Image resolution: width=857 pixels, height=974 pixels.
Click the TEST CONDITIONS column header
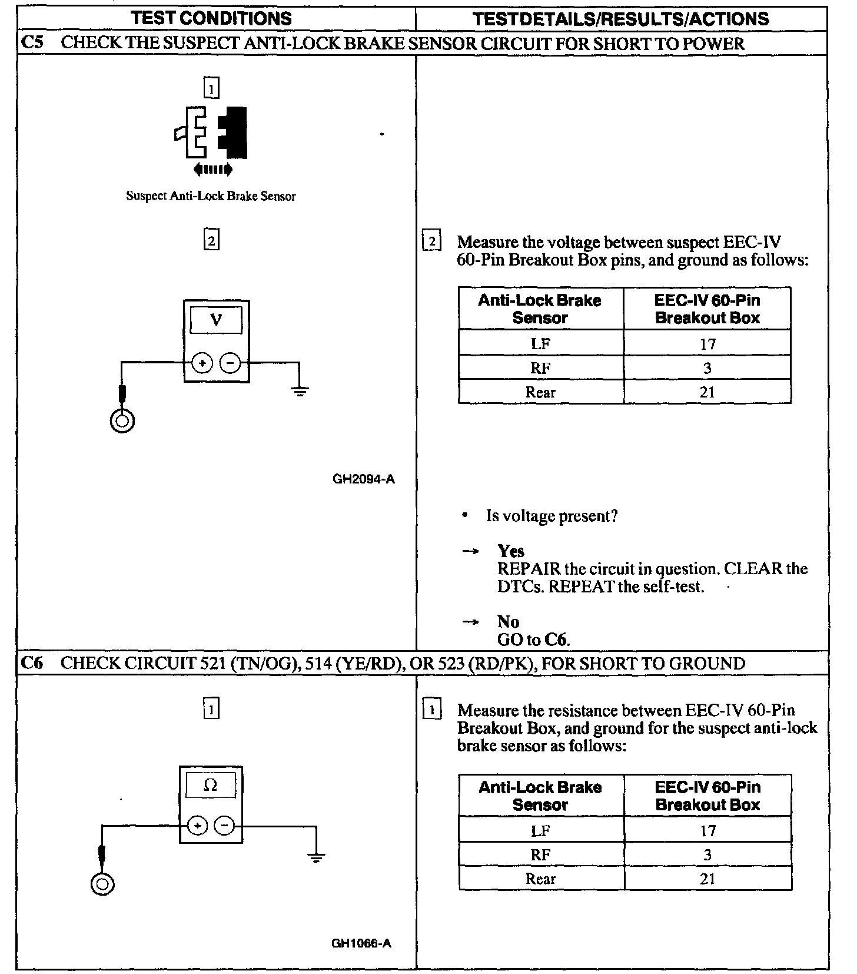click(212, 18)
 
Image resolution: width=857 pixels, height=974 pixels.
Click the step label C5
click(31, 43)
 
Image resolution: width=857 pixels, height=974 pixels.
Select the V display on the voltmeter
click(216, 320)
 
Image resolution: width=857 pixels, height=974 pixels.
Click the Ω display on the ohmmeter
click(210, 785)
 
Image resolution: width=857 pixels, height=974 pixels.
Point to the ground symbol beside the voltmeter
click(300, 390)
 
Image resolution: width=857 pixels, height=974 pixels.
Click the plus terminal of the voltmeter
click(202, 363)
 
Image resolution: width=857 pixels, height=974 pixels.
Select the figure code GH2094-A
click(364, 479)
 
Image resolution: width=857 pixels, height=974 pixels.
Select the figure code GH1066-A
click(361, 944)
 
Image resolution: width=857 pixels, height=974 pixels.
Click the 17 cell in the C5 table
click(707, 343)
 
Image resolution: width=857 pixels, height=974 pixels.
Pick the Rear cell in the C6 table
click(540, 879)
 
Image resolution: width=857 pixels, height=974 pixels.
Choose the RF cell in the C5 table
click(540, 368)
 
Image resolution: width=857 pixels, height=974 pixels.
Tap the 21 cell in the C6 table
click(707, 879)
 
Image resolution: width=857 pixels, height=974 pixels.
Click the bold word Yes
click(511, 551)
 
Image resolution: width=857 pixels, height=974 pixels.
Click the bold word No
click(508, 622)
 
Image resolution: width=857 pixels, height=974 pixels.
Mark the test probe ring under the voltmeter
click(122, 420)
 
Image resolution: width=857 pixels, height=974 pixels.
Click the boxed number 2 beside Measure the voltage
click(432, 241)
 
